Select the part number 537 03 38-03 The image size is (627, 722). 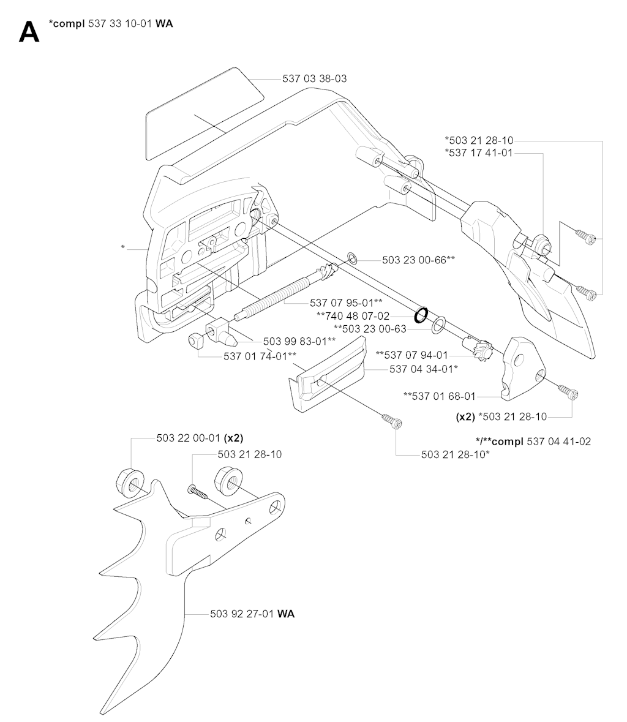click(x=315, y=79)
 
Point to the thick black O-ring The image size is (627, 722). click(x=421, y=315)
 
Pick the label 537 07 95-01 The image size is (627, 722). click(x=346, y=303)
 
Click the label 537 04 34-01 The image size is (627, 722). click(x=424, y=369)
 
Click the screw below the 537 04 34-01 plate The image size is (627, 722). click(x=390, y=421)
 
